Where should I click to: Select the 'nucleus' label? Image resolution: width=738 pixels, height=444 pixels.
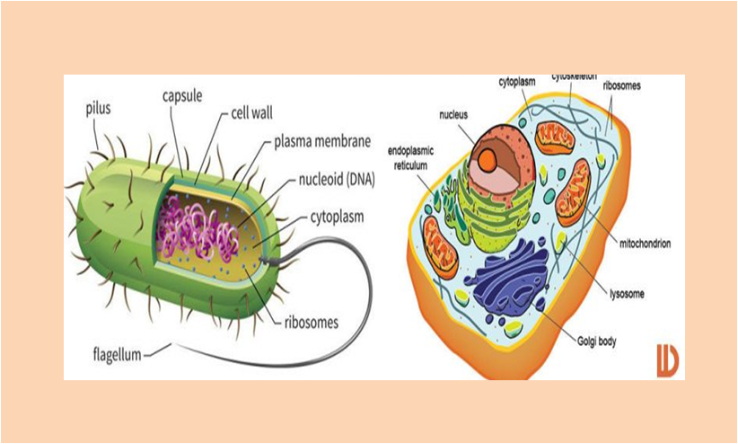453,115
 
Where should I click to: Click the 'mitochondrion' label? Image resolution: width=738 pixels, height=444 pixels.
644,244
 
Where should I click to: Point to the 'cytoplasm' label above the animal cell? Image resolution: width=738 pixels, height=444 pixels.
517,82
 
